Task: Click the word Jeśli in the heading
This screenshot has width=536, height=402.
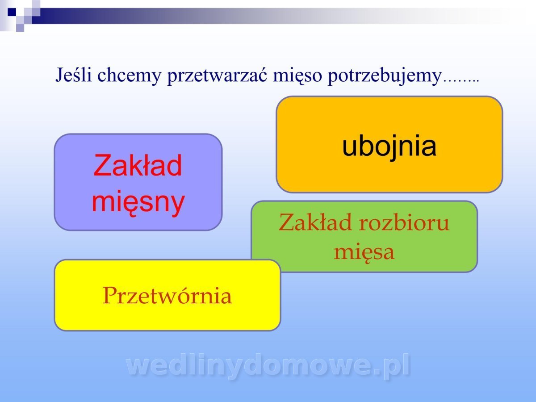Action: point(74,75)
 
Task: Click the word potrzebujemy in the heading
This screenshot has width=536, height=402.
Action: point(385,76)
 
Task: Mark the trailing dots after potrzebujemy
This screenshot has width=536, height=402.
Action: point(461,80)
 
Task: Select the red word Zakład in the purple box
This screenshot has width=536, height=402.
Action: point(138,165)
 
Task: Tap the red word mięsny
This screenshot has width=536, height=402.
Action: point(138,203)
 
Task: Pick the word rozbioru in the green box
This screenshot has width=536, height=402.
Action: point(404,222)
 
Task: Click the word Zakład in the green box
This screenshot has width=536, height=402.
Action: point(315,222)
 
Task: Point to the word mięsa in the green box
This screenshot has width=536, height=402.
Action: point(364,252)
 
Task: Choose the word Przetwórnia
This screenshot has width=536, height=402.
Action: point(167,296)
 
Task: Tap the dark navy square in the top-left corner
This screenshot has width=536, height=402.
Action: point(12,12)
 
